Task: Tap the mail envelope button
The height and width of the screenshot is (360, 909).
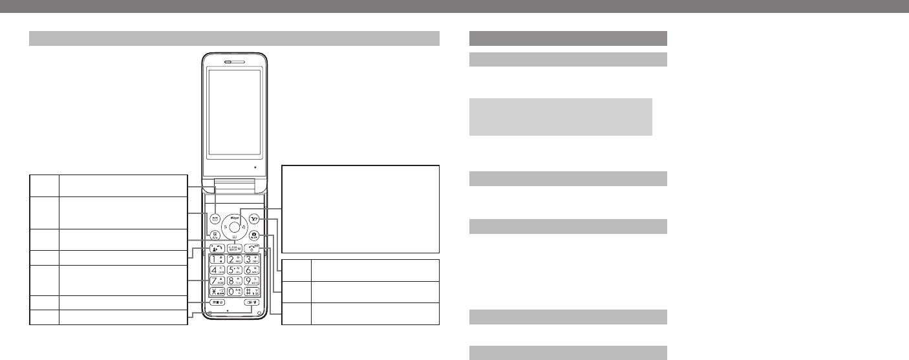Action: (215, 218)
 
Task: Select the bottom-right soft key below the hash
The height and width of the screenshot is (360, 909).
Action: (253, 302)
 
